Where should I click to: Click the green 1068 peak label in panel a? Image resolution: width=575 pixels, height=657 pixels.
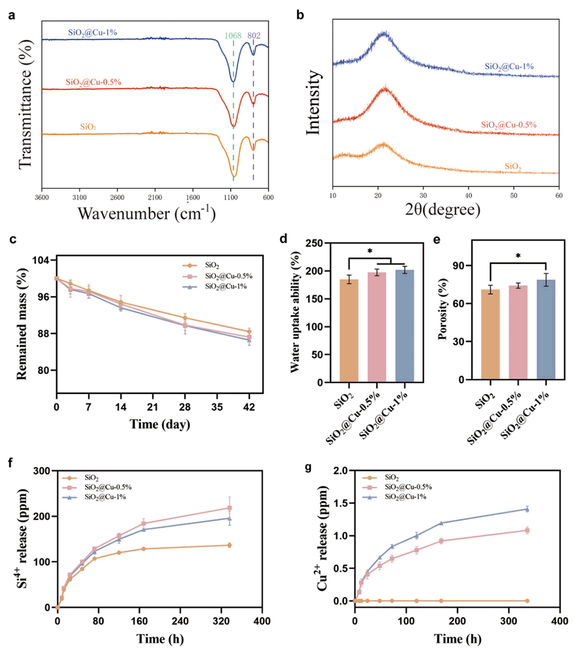tap(233, 36)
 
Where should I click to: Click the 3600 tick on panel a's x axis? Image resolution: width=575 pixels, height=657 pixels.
tap(42, 196)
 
